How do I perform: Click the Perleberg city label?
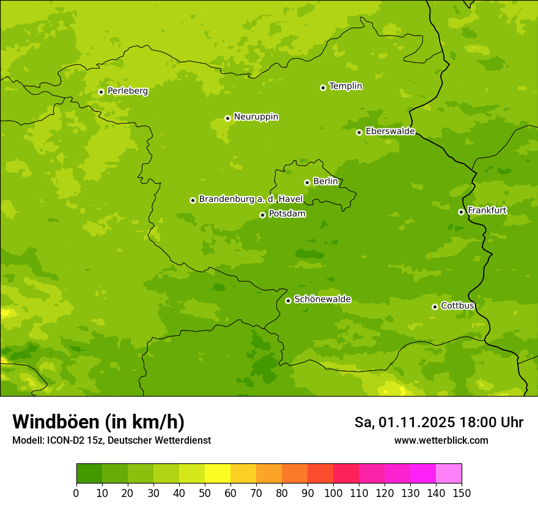[127, 91]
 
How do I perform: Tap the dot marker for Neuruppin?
[227, 118]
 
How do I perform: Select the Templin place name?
[345, 86]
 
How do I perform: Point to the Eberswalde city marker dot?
[359, 132]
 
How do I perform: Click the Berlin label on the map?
[325, 182]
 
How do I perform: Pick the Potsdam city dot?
[262, 215]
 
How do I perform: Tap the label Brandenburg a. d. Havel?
[251, 200]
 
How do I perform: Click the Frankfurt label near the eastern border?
[487, 211]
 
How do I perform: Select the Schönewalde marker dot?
[288, 301]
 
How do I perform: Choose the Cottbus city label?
[457, 305]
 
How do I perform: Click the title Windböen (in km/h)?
[98, 422]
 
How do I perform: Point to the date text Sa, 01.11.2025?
[405, 422]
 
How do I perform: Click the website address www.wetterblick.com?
[441, 440]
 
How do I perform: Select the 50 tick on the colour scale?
[205, 493]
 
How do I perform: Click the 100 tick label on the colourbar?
[333, 493]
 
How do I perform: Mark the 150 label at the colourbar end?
[462, 493]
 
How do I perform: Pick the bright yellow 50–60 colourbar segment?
[218, 474]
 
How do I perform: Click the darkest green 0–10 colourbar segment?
[89, 474]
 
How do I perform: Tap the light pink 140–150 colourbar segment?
[449, 474]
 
